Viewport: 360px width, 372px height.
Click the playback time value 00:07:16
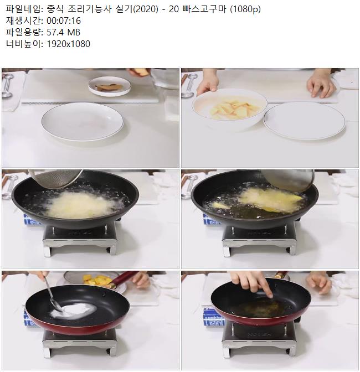pyautogui.click(x=64, y=21)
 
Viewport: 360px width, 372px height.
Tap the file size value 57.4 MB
pyautogui.click(x=63, y=32)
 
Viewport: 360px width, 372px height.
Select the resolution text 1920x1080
pyautogui.click(x=68, y=44)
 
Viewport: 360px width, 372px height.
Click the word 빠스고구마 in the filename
pyautogui.click(x=204, y=9)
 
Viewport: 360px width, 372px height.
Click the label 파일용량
pyautogui.click(x=23, y=32)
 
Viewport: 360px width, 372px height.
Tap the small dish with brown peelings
pyautogui.click(x=110, y=86)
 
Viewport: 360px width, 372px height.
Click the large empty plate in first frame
pyautogui.click(x=83, y=122)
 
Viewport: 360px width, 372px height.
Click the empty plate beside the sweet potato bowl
pyautogui.click(x=304, y=121)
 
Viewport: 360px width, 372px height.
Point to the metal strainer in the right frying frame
pyautogui.click(x=290, y=180)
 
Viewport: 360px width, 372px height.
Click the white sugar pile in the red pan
pyautogui.click(x=74, y=311)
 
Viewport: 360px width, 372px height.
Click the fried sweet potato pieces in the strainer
pyautogui.click(x=97, y=279)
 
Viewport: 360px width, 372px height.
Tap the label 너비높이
pyautogui.click(x=23, y=44)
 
